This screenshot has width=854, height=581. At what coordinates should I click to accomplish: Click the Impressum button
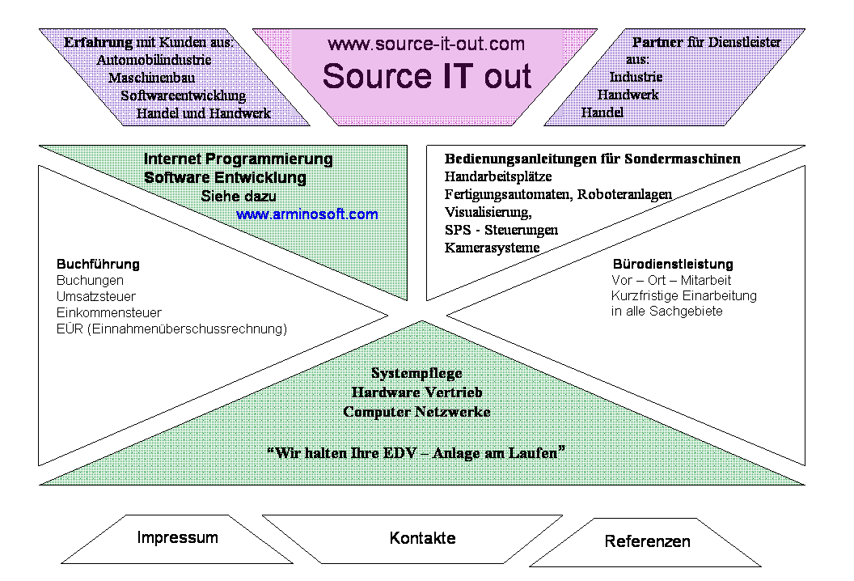tap(177, 537)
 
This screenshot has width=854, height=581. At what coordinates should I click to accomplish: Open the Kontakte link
tap(422, 538)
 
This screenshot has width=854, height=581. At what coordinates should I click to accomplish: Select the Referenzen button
tap(647, 541)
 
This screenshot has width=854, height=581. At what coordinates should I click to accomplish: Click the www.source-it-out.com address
tap(426, 44)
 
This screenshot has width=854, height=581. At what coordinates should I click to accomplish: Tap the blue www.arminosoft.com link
tap(307, 215)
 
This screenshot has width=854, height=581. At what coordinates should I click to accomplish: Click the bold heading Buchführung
tap(98, 265)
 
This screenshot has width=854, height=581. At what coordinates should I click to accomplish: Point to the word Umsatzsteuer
tap(96, 296)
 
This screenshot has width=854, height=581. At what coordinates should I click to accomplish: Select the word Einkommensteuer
tap(109, 312)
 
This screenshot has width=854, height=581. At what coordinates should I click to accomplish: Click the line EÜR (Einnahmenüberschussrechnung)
tap(171, 329)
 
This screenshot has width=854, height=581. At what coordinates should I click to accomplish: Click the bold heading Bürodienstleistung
tap(673, 265)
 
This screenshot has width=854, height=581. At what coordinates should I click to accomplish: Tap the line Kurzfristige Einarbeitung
tap(684, 295)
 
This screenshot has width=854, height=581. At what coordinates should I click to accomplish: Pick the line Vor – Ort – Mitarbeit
tap(671, 280)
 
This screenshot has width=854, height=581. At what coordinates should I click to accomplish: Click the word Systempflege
tap(416, 374)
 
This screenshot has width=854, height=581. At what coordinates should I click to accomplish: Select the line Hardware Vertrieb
tap(417, 392)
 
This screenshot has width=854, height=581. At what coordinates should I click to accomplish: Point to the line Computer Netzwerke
tap(417, 412)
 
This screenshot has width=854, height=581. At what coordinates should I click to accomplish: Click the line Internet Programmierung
tap(239, 159)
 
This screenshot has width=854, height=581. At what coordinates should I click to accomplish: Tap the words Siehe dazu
tap(239, 197)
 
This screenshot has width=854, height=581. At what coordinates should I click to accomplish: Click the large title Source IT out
tap(426, 76)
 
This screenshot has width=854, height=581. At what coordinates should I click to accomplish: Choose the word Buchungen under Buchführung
tap(90, 280)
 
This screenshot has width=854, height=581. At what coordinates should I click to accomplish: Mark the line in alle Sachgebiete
tap(667, 311)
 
